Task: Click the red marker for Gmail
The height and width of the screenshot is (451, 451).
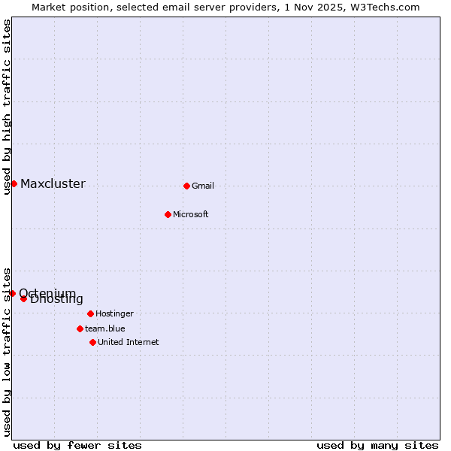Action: click(186, 186)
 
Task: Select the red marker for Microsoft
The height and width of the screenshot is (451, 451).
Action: click(168, 214)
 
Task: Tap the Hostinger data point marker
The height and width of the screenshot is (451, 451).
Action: click(90, 313)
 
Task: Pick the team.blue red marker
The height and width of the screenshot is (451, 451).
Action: click(80, 328)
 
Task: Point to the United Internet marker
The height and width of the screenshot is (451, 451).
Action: click(92, 342)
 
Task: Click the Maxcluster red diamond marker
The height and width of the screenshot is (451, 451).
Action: click(14, 183)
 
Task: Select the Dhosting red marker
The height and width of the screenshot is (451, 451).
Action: click(23, 298)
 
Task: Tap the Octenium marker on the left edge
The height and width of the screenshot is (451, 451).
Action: click(12, 293)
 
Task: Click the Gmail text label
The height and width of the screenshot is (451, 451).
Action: click(203, 186)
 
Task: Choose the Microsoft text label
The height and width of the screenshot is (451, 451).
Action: click(190, 214)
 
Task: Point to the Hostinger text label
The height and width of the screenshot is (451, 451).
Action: click(114, 313)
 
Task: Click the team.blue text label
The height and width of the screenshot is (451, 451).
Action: click(104, 328)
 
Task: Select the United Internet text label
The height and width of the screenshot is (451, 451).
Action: click(128, 342)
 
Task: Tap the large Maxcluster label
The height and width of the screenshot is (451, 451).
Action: click(53, 183)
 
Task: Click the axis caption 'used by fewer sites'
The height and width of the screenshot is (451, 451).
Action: click(77, 445)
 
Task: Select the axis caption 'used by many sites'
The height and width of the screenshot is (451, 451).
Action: click(377, 445)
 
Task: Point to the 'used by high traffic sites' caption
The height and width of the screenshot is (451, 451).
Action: click(7, 107)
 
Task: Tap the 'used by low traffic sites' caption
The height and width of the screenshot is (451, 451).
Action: click(7, 351)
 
